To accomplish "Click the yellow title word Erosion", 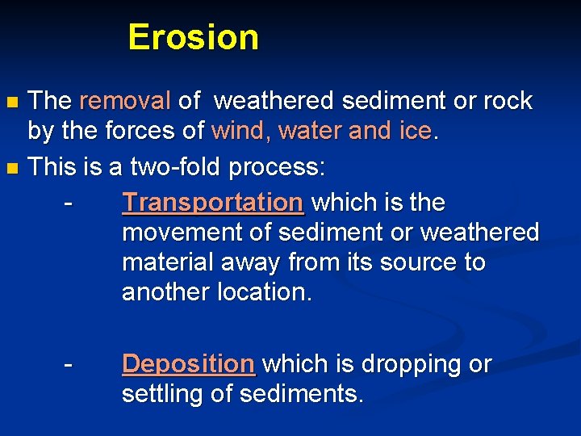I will tap(193, 37).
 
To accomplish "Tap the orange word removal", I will tap(125, 101).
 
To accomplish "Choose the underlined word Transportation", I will tap(212, 203).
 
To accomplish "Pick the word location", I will tap(264, 292).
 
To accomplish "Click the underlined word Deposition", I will tap(188, 364).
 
